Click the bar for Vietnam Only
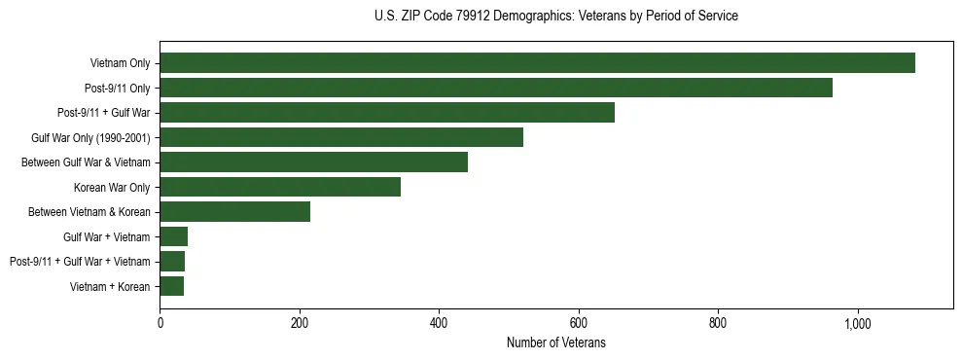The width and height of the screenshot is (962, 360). coord(537,63)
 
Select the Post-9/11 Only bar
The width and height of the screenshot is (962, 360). coord(496,88)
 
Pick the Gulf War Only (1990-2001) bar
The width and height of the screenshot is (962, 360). coord(341,137)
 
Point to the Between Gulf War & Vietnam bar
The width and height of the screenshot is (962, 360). coord(313,162)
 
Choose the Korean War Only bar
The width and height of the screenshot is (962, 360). coord(280,187)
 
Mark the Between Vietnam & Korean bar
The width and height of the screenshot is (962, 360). coord(234,212)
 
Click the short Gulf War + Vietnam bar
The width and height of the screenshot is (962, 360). coord(173,236)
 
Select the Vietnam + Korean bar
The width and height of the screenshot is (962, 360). coord(171,286)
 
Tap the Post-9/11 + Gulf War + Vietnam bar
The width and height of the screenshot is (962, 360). coord(172,261)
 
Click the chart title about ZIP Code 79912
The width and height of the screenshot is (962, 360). coord(555,17)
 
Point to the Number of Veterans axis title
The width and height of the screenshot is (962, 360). coord(555,342)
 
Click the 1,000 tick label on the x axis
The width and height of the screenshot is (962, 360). coord(858,324)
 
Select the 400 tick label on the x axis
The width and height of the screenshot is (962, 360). coord(439,324)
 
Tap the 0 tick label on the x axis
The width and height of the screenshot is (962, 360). coord(160,324)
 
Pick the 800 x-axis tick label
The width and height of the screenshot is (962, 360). coord(718,324)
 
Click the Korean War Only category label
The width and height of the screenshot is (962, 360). coord(111,187)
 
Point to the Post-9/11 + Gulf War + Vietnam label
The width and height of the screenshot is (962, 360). coord(80,261)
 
